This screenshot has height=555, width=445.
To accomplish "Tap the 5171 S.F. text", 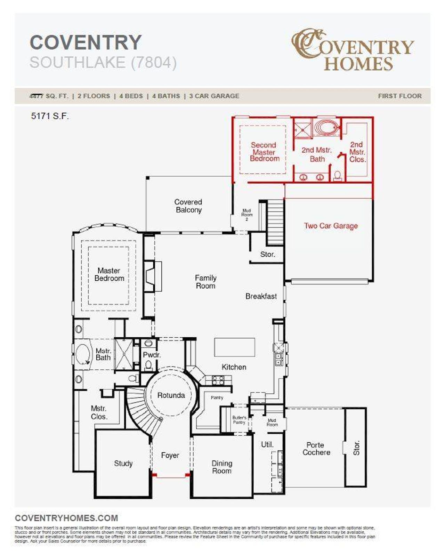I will click(x=50, y=116).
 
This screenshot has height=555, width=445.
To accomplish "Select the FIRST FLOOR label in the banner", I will click(x=399, y=96).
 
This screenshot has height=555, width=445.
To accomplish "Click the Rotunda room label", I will click(x=171, y=395).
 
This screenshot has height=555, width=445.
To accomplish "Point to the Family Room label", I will click(x=205, y=282).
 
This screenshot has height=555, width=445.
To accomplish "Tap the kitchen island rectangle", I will click(x=234, y=347).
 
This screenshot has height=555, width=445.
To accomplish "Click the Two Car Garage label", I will click(x=331, y=226).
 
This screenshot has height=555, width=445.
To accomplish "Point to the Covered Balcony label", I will click(x=188, y=206).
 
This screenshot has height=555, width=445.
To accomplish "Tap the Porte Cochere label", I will click(x=316, y=449).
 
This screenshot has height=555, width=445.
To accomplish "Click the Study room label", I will click(x=123, y=463).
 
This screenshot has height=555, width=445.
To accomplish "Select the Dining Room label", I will click(x=221, y=467).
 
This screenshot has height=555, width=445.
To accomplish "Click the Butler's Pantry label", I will click(x=239, y=420).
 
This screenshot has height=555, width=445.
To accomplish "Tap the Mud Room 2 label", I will click(x=246, y=215).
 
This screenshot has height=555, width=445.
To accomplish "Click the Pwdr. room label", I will click(x=152, y=355).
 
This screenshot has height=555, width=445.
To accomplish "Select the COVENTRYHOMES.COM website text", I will click(x=66, y=518).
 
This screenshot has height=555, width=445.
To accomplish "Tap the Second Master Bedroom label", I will click(x=264, y=152).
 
